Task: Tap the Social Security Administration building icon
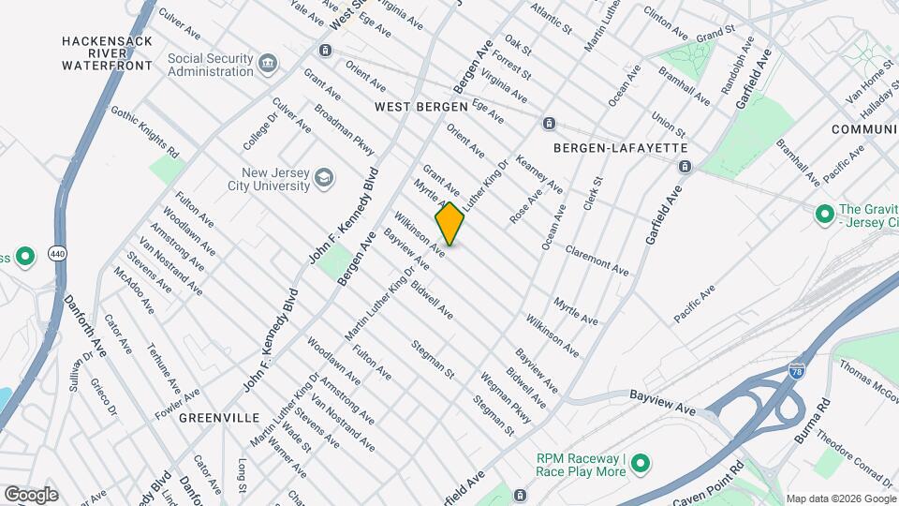point(269,64)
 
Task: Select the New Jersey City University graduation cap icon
point(323,178)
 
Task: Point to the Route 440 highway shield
point(58,253)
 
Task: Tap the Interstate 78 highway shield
point(797,371)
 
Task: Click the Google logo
point(31,494)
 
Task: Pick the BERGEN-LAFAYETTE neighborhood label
point(621,148)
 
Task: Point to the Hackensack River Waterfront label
point(107,53)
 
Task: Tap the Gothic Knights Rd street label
point(144,131)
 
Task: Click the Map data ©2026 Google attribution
point(840,499)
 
